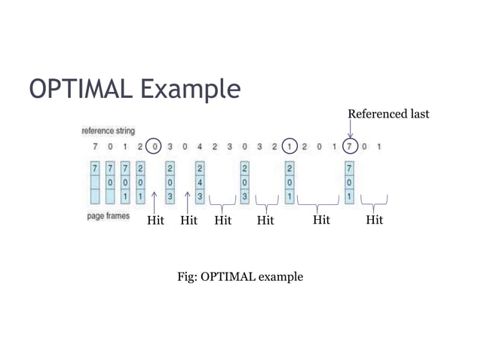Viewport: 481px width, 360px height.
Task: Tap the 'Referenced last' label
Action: click(388, 114)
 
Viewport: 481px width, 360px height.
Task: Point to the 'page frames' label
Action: click(109, 216)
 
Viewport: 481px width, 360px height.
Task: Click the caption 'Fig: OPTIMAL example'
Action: click(240, 276)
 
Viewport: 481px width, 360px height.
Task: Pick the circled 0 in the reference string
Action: click(155, 146)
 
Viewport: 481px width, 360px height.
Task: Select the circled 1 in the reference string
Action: click(290, 146)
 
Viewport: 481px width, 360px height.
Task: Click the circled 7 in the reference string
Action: click(350, 146)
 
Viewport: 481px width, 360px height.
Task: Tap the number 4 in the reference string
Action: click(200, 146)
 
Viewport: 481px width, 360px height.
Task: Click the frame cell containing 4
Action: click(200, 182)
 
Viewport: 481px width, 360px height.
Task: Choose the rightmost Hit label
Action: click(374, 220)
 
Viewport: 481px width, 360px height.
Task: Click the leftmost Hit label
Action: click(155, 221)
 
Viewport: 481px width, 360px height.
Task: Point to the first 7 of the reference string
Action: click(94, 146)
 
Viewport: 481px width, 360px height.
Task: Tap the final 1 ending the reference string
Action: click(379, 146)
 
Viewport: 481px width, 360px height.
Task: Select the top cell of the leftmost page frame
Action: click(94, 167)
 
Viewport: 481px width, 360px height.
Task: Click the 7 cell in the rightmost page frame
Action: click(349, 167)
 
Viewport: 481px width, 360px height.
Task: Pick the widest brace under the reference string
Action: click(318, 202)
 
